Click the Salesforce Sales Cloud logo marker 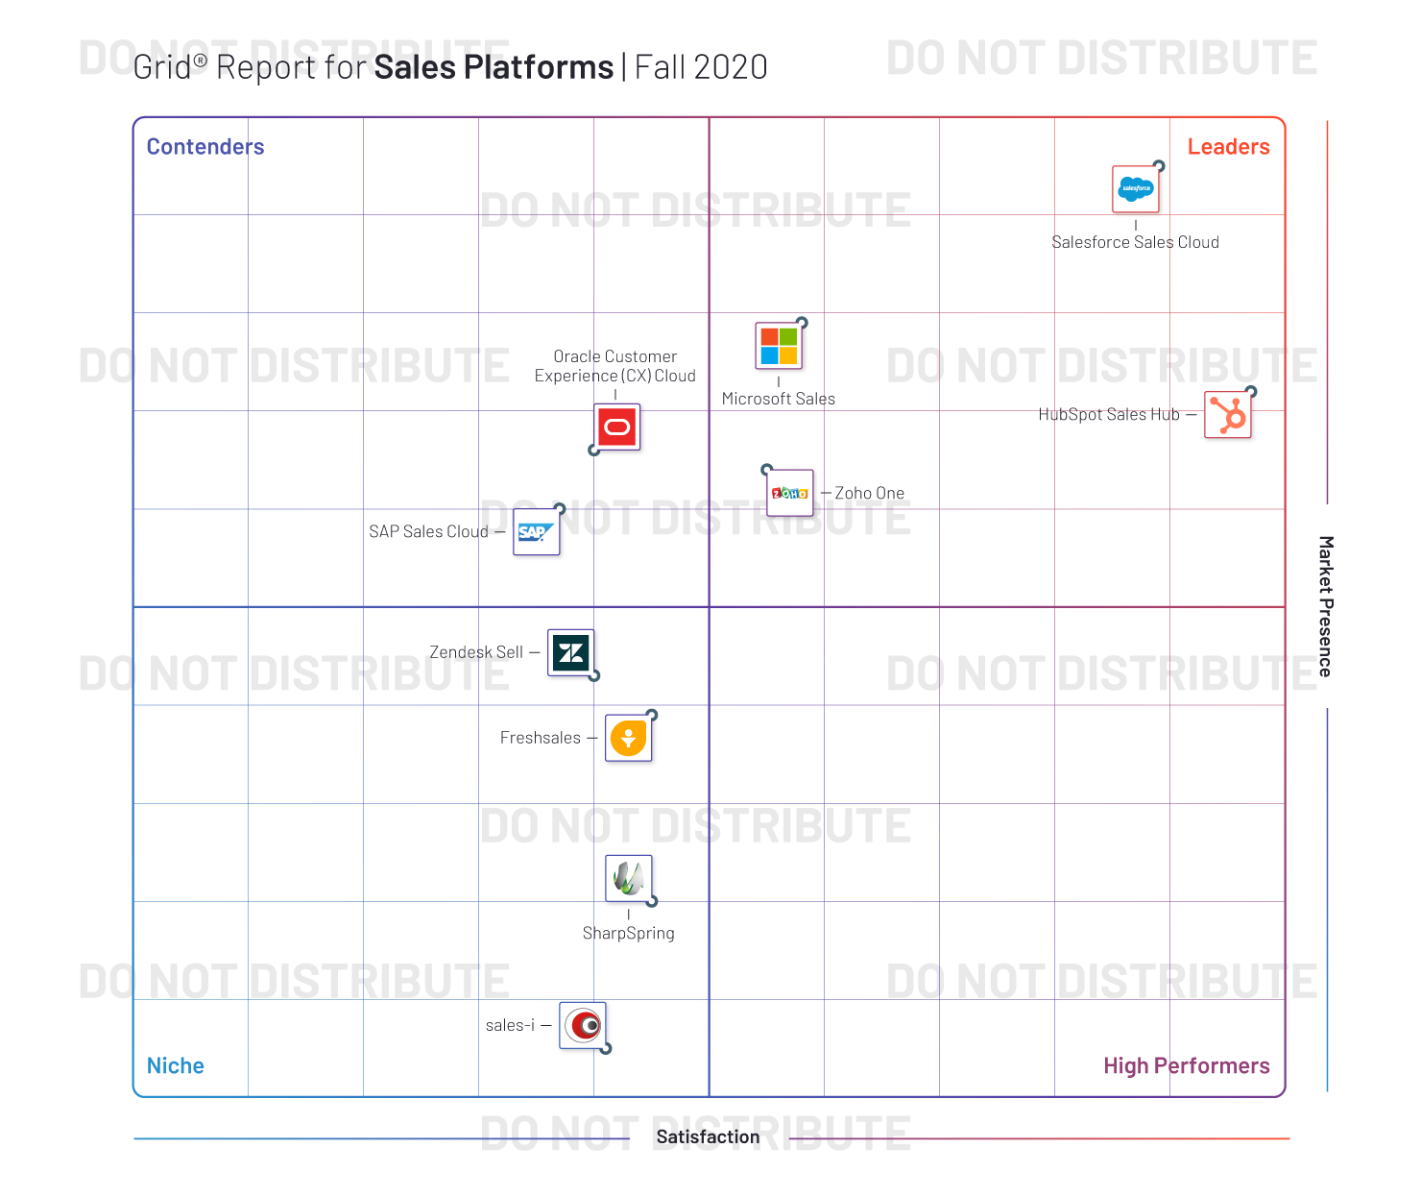click(x=1136, y=189)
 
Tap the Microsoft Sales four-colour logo click(x=779, y=346)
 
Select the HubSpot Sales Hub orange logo click(x=1228, y=415)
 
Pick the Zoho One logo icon click(x=790, y=493)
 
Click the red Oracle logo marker click(x=617, y=427)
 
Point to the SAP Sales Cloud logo click(x=536, y=532)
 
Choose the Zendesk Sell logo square click(x=571, y=653)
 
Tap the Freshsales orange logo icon click(x=629, y=738)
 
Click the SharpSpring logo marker click(x=629, y=878)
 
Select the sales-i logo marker click(x=583, y=1026)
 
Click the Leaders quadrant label click(x=1228, y=147)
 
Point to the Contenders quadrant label click(x=205, y=147)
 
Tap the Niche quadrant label click(x=176, y=1065)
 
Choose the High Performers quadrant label click(x=1186, y=1065)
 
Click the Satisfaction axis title click(x=709, y=1136)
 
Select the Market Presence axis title click(x=1325, y=606)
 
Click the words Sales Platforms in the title click(x=494, y=67)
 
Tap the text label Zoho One click(x=869, y=493)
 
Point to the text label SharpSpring click(x=629, y=933)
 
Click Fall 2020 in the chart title click(x=702, y=67)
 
